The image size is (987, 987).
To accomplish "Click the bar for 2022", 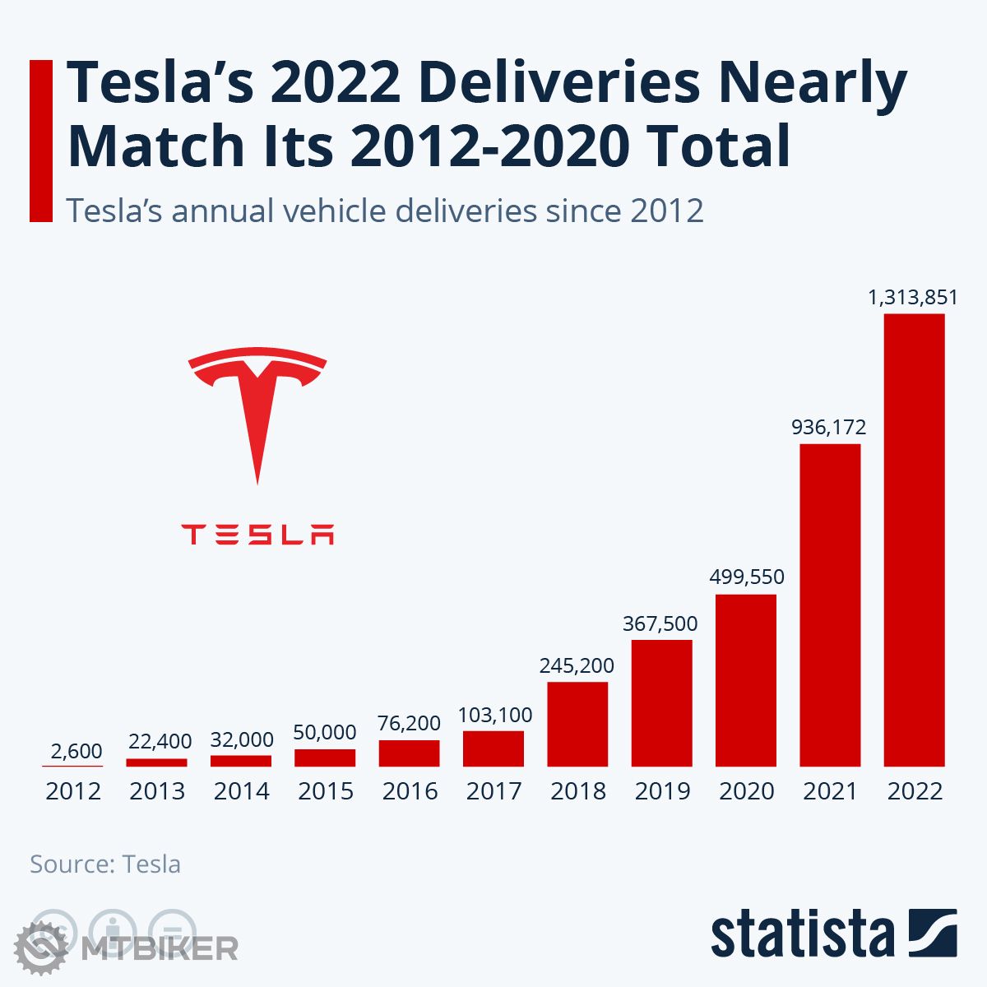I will point(914,540).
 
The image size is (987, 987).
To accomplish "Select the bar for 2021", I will point(830,605).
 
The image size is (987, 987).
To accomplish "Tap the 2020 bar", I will point(746,680).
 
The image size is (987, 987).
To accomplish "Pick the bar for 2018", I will point(577,724).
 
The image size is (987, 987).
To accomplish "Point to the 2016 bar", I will point(409,753).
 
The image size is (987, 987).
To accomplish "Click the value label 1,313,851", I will point(913,297).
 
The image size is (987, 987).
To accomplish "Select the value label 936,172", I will point(828,427).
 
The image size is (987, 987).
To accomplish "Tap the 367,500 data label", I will point(660,623).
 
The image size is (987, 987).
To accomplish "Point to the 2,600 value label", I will point(76,751).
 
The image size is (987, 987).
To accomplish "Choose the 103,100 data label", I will point(495,715).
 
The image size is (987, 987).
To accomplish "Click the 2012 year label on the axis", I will point(73,791).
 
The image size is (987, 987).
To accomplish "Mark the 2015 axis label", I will point(325,791).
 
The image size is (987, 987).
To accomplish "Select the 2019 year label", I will point(662,791).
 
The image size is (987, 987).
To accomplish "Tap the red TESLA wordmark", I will point(257,535).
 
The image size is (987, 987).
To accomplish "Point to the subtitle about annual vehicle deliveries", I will point(385,211).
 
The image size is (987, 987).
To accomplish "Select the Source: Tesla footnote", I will point(105,864).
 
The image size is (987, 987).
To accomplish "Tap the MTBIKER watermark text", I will point(160,948).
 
